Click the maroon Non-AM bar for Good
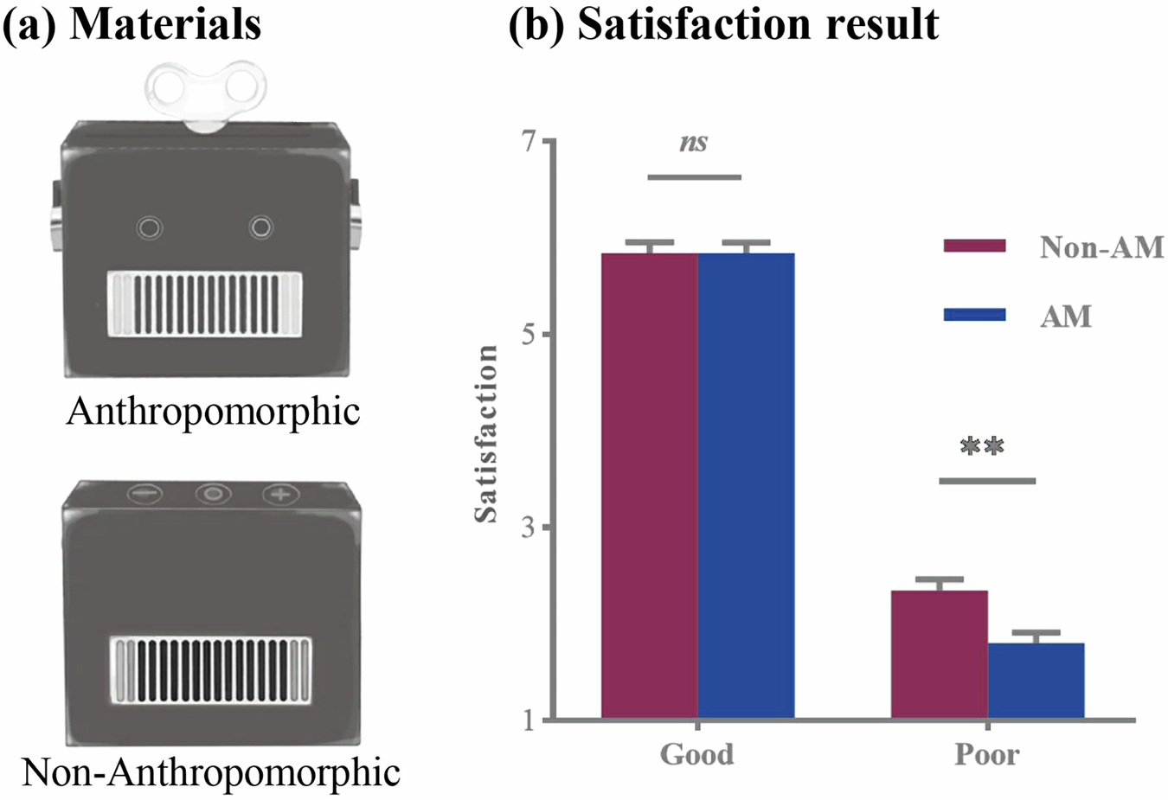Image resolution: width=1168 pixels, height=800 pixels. (x=649, y=484)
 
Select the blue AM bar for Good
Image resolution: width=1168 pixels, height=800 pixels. (x=746, y=484)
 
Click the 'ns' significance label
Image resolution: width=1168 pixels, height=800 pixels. (x=694, y=143)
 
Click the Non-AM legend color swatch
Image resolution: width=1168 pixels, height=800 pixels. (x=974, y=246)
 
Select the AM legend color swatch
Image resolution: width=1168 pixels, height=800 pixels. (x=974, y=315)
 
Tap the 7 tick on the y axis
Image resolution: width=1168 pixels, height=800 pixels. (x=529, y=141)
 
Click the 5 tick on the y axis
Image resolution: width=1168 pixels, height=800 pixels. (x=529, y=334)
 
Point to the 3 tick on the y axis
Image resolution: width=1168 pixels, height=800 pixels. (x=529, y=527)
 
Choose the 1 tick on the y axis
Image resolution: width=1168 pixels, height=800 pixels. (x=529, y=720)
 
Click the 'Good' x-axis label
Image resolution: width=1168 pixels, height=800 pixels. (x=696, y=754)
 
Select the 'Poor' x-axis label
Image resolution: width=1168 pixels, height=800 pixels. (x=986, y=754)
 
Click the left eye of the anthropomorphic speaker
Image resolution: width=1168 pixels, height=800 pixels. (x=150, y=227)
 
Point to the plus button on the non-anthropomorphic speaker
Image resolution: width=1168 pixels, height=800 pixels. (x=281, y=495)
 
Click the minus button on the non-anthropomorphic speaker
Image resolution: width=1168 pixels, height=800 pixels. (x=145, y=495)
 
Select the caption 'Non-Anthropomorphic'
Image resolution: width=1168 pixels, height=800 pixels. (x=211, y=771)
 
